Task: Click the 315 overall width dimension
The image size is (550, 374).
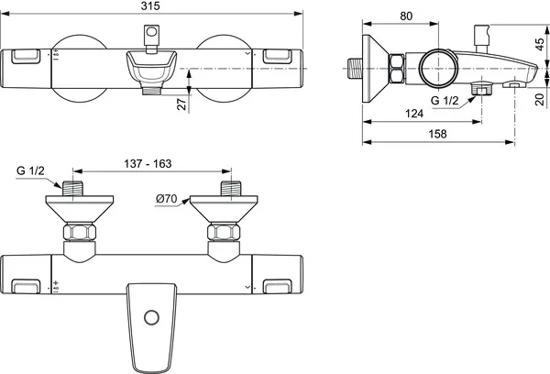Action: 153,6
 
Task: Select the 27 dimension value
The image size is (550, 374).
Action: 181,105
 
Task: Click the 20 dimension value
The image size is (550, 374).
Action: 540,99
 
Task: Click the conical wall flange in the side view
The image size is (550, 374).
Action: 374,68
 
